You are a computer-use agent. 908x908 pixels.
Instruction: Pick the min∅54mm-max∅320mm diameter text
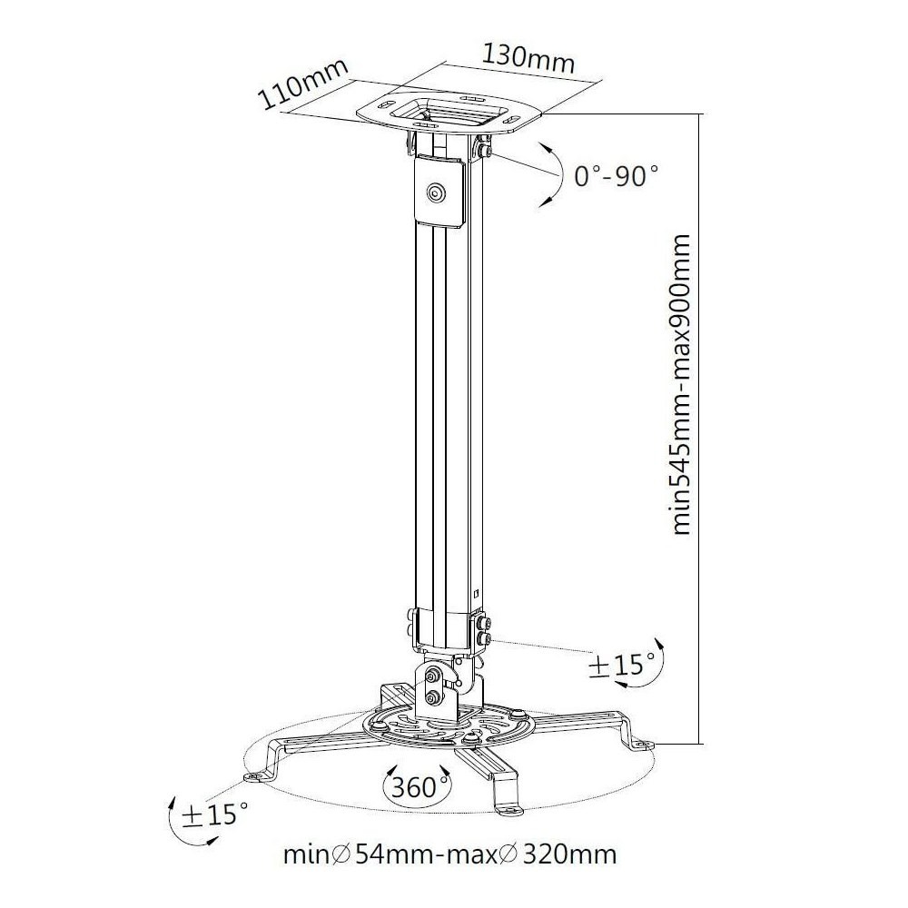450,854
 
